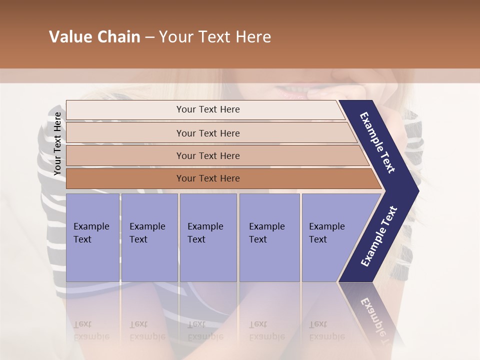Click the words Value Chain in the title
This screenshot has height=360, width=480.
(x=94, y=37)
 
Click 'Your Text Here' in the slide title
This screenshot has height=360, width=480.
(x=215, y=37)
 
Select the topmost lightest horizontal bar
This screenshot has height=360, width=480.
(x=207, y=109)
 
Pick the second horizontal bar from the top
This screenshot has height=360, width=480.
(x=207, y=133)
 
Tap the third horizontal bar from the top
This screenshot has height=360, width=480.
(x=207, y=155)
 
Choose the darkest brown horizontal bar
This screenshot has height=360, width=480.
(x=207, y=178)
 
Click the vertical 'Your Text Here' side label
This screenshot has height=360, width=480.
(x=57, y=143)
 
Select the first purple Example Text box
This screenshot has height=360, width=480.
(x=92, y=237)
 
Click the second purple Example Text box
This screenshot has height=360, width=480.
(x=149, y=237)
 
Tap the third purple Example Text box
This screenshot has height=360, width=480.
(x=207, y=237)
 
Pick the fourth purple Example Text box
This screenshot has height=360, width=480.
(x=269, y=237)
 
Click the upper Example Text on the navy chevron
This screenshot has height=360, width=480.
(x=377, y=142)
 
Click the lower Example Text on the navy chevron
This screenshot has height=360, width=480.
(x=379, y=236)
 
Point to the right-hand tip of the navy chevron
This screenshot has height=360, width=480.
(x=417, y=190)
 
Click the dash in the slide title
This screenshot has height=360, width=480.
(x=149, y=37)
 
